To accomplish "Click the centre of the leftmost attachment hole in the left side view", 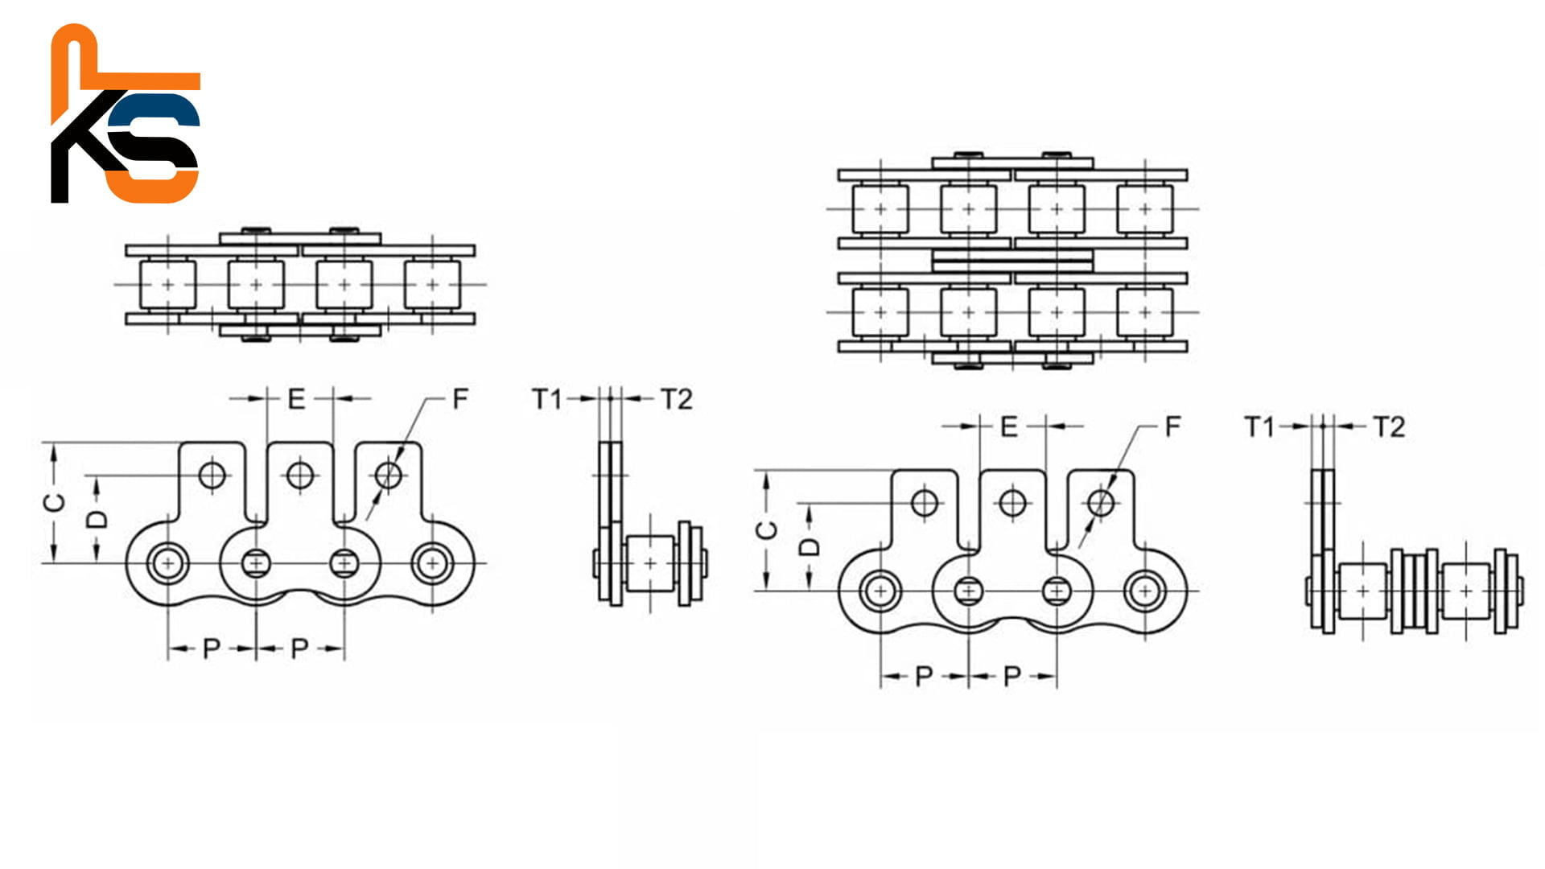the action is [212, 476].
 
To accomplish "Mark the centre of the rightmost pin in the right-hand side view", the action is [1144, 591].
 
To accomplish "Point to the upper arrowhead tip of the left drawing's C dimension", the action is [54, 444].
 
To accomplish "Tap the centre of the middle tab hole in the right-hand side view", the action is [1012, 504].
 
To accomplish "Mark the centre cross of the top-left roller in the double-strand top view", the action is [880, 209].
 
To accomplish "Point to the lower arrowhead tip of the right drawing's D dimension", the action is [809, 590].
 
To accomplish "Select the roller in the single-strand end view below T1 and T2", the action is [650, 563].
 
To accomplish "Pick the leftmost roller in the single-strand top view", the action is [167, 285].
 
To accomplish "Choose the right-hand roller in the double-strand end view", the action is [1466, 591].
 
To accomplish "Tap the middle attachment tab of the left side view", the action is [300, 483].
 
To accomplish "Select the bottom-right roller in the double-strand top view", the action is [1144, 312].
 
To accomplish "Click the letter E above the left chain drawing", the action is [296, 398].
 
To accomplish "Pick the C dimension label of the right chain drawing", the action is [767, 530].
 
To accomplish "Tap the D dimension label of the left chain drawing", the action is [97, 519].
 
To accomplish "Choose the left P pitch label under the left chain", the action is [212, 649].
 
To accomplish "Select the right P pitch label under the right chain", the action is [1012, 676].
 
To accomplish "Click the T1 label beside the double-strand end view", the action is [1259, 426].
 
